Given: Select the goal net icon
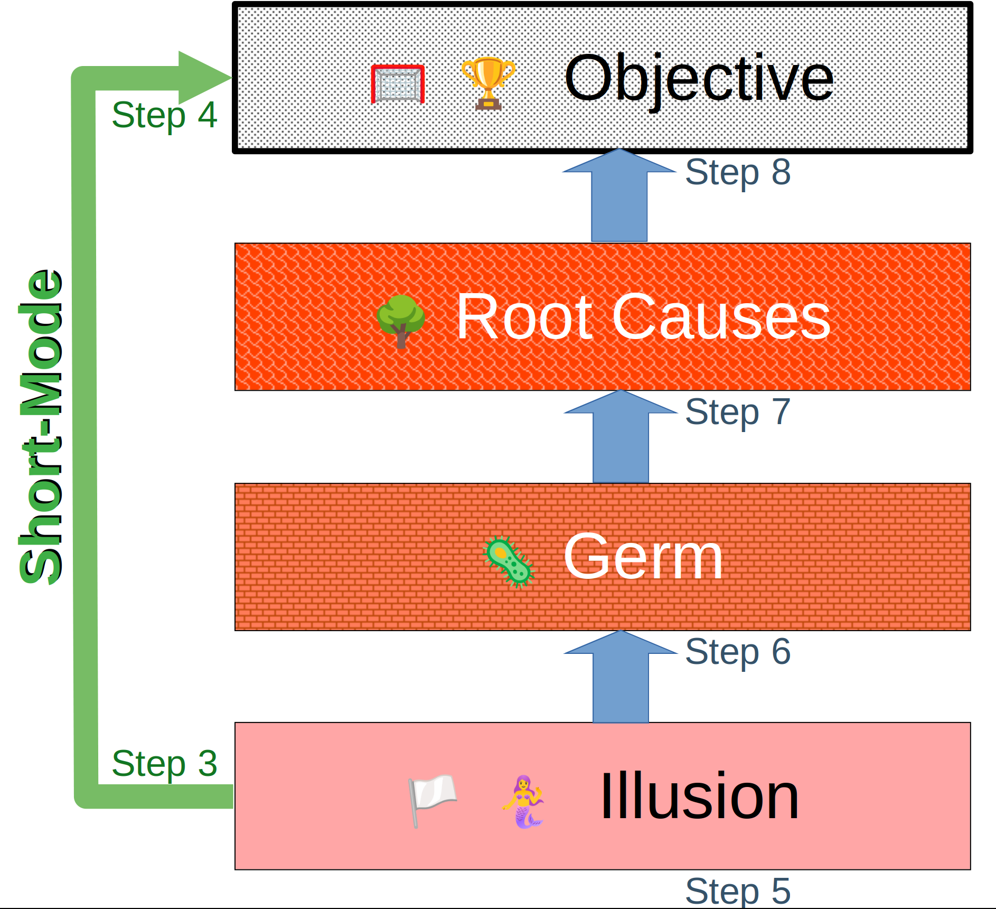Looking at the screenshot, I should (398, 83).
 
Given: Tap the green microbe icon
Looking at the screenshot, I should (509, 562).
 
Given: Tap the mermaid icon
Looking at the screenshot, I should (523, 801).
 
